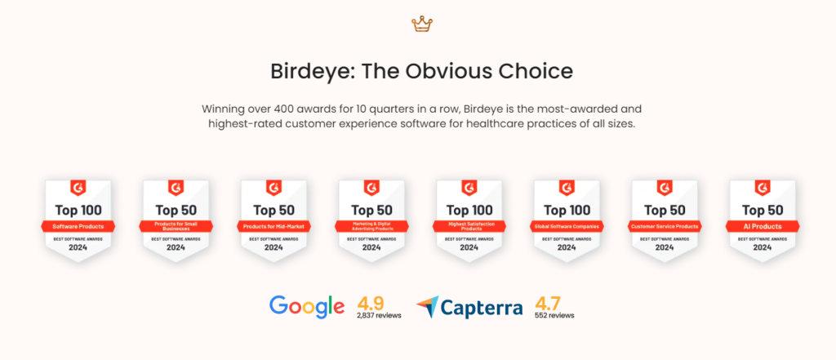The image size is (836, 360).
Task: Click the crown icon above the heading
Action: (421, 24)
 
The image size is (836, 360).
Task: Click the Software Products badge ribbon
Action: (78, 226)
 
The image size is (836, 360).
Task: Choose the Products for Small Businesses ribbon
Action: (176, 226)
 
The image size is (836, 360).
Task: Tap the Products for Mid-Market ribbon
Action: (273, 226)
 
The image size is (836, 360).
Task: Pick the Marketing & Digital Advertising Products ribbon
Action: (371, 226)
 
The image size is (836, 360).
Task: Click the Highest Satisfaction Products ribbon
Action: (469, 226)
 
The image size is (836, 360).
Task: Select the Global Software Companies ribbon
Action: (567, 226)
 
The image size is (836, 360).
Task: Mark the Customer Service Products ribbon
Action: (665, 226)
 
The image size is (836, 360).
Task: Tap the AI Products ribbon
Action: (762, 226)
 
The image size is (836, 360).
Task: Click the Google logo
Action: (307, 306)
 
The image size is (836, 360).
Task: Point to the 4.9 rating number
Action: (370, 301)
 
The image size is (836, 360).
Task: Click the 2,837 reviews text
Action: (379, 315)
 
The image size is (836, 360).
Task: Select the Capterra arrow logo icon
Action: (427, 307)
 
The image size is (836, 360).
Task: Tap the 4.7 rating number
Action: (547, 301)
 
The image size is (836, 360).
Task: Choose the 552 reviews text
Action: (554, 315)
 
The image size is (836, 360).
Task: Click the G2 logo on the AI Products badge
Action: (763, 187)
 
